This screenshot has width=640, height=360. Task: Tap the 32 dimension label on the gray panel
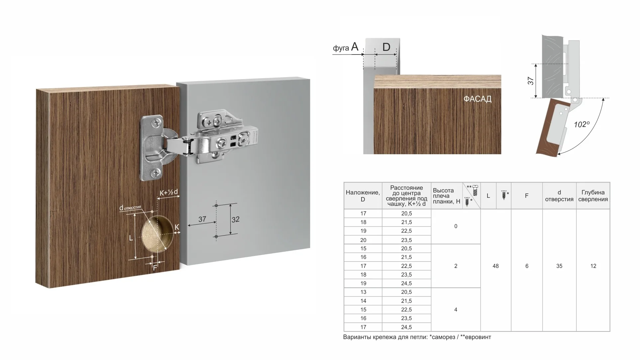[235, 219]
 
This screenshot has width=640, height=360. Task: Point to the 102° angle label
[582, 124]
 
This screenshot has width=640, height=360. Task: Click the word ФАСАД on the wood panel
[477, 99]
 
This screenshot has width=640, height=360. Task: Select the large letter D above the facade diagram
[386, 47]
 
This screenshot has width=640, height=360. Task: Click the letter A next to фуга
[355, 47]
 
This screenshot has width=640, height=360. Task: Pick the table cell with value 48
[495, 266]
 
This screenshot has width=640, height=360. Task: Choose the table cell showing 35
[559, 266]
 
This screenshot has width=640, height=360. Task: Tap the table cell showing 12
[593, 266]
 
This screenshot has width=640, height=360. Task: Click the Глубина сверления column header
[593, 196]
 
